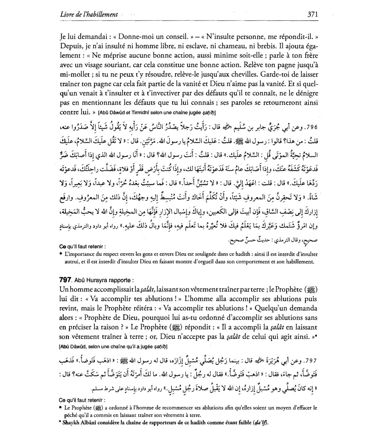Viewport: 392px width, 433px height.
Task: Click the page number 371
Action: point(313,14)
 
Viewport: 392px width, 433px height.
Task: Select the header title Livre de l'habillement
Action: point(89,14)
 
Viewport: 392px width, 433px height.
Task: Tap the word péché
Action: point(72,415)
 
